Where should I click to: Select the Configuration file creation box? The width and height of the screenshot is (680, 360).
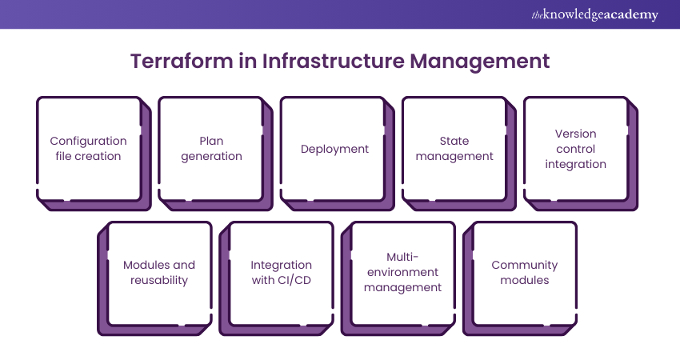(x=88, y=149)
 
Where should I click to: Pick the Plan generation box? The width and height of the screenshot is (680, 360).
(x=211, y=149)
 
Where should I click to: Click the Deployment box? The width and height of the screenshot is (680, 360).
(x=334, y=149)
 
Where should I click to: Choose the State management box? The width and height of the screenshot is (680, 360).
(x=454, y=149)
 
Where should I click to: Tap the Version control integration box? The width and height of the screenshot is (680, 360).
(x=576, y=149)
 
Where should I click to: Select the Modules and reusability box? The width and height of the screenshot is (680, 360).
(x=159, y=273)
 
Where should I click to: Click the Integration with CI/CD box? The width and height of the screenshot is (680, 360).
(x=282, y=273)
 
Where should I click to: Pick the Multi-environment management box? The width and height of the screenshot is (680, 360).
(x=402, y=273)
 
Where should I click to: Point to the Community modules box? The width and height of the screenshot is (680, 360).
(x=525, y=273)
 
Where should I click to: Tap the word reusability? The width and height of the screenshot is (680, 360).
(x=159, y=281)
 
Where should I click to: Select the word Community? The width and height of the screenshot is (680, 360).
(x=525, y=265)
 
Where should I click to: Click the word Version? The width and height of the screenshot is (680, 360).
(x=576, y=134)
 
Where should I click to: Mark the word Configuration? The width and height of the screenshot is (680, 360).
(x=88, y=141)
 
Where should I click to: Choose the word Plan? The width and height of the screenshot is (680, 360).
(x=211, y=141)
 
